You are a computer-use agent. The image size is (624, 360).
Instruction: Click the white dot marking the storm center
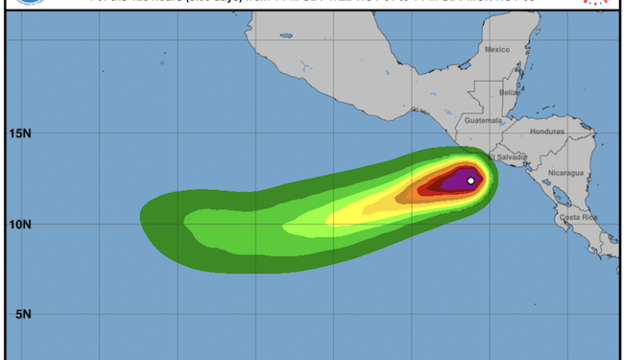471,180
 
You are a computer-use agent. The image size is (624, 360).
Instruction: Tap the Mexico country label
496,49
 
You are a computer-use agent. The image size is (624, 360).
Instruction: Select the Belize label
509,92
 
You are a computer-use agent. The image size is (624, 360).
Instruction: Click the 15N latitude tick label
19,135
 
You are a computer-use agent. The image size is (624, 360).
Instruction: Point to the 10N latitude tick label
19,225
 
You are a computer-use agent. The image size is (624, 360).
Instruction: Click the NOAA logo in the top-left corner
14,3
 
